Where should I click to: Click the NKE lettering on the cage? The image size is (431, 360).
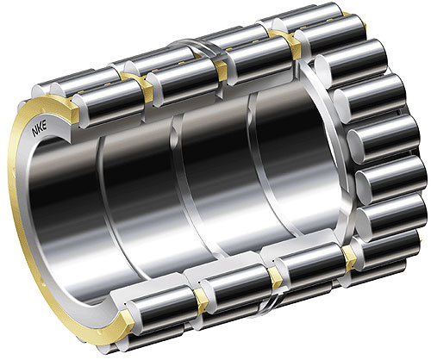click(41, 131)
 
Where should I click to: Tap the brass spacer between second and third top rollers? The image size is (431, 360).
click(221, 69)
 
